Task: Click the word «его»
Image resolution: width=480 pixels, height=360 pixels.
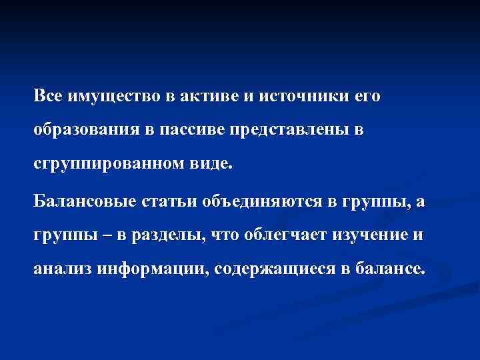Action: pos(366,97)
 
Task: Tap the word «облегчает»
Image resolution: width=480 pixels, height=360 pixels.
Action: pos(273,236)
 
